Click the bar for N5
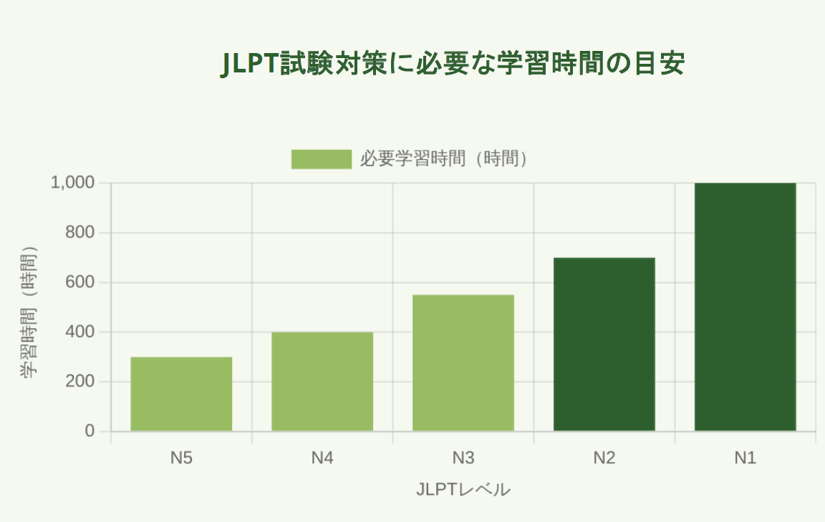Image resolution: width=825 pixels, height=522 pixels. point(181,394)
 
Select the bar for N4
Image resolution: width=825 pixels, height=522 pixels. point(322,381)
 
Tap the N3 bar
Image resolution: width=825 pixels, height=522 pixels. point(463,363)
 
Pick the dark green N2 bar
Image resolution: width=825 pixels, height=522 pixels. point(604,344)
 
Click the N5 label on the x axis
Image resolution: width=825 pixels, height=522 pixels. point(181,457)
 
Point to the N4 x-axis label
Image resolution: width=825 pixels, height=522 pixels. point(322,457)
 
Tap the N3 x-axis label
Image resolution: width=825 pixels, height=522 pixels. point(463,457)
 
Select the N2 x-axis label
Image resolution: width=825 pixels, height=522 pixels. point(604,457)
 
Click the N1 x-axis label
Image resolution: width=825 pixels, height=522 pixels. point(746,457)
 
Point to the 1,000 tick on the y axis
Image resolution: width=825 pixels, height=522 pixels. point(72,183)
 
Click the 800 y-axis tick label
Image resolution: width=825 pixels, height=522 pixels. point(80,233)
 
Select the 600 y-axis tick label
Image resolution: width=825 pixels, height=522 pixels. point(80,283)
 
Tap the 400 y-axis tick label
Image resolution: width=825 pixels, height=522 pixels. point(80,332)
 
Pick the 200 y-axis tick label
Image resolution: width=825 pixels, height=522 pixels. point(80,381)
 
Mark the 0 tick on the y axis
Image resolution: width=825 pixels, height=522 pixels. point(90,431)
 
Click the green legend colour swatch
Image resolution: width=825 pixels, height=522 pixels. point(321,159)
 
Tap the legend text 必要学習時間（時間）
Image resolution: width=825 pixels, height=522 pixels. point(444,159)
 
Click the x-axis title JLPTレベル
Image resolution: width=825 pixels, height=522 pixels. point(463,490)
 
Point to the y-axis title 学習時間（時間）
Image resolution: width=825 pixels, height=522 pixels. point(29,313)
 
